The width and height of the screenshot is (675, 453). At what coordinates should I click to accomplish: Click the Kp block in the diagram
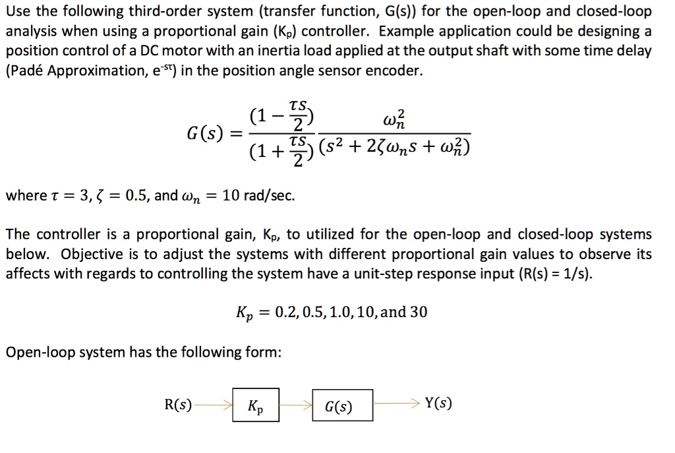256,405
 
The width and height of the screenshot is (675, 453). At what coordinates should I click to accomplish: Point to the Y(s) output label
439,404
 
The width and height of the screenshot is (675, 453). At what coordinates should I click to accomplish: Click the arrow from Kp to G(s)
295,405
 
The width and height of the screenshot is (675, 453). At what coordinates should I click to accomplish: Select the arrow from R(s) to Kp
213,405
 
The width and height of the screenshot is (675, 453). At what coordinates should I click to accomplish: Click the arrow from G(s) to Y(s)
396,404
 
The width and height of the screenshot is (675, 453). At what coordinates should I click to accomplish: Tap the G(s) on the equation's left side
206,122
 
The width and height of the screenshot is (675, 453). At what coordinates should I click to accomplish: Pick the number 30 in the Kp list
419,312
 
